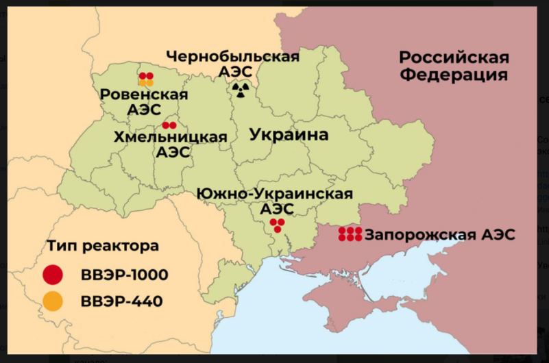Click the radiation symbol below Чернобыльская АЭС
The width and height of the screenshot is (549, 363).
[x=240, y=89]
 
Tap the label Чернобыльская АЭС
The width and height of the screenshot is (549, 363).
[x=233, y=63]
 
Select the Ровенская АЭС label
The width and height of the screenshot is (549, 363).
[x=144, y=101]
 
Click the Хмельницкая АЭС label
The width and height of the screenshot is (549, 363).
[x=171, y=145]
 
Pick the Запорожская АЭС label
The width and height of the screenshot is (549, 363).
[x=439, y=235]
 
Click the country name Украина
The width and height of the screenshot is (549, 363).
[x=289, y=134]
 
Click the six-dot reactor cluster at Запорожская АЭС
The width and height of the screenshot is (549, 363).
[x=350, y=234]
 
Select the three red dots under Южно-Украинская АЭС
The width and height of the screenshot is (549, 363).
[x=277, y=225]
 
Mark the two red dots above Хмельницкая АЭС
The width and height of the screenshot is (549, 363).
[x=169, y=125]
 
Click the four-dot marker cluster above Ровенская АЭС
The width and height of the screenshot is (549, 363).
[x=146, y=79]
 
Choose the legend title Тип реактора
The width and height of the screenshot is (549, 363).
[x=103, y=245]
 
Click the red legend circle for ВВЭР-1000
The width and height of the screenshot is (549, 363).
[x=53, y=275]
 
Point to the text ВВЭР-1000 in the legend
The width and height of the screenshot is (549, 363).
[x=124, y=275]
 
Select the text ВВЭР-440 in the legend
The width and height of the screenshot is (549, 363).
[x=121, y=301]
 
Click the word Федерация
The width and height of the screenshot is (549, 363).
[x=454, y=75]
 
